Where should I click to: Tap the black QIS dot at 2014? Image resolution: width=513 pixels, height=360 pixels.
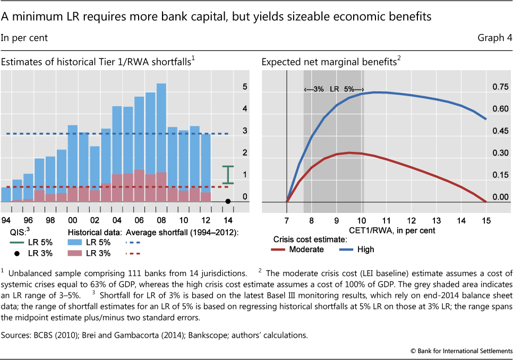(x=228, y=201)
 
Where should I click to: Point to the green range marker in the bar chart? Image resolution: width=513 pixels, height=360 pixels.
(x=228, y=175)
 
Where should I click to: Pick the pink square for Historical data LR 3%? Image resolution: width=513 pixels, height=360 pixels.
(x=75, y=253)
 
